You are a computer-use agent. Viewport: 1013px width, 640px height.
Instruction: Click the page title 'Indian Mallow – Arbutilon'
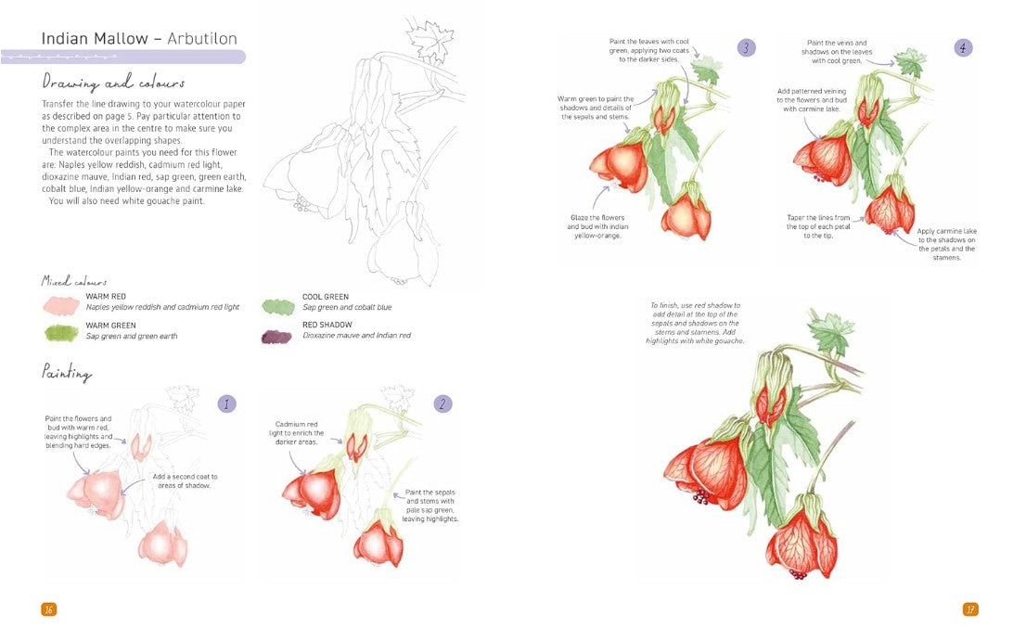[139, 39]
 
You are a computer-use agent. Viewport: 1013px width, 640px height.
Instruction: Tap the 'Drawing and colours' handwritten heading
[113, 83]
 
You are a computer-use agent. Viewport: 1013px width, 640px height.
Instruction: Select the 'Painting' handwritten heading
[66, 373]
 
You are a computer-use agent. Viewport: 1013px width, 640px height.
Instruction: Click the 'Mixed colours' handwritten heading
[74, 281]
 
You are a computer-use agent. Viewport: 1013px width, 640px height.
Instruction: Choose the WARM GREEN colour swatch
[61, 332]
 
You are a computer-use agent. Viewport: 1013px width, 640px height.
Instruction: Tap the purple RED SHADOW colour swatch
[277, 336]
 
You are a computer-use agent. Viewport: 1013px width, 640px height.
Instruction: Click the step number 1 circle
[226, 403]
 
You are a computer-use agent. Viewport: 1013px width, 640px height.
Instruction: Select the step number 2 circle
[443, 403]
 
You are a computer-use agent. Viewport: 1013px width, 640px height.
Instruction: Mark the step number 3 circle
[747, 48]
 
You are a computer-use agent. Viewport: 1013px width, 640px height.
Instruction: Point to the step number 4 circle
[964, 48]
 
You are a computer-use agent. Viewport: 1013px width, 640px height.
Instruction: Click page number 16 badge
[49, 609]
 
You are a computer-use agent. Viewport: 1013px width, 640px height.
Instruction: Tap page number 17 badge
[970, 609]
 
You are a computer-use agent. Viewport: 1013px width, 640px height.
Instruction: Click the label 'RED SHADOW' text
[327, 325]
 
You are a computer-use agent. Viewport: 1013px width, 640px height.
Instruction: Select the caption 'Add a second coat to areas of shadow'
[185, 481]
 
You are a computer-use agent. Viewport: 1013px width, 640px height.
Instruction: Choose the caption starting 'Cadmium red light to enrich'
[298, 433]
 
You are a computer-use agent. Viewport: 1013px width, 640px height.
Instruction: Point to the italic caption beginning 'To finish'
[695, 323]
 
